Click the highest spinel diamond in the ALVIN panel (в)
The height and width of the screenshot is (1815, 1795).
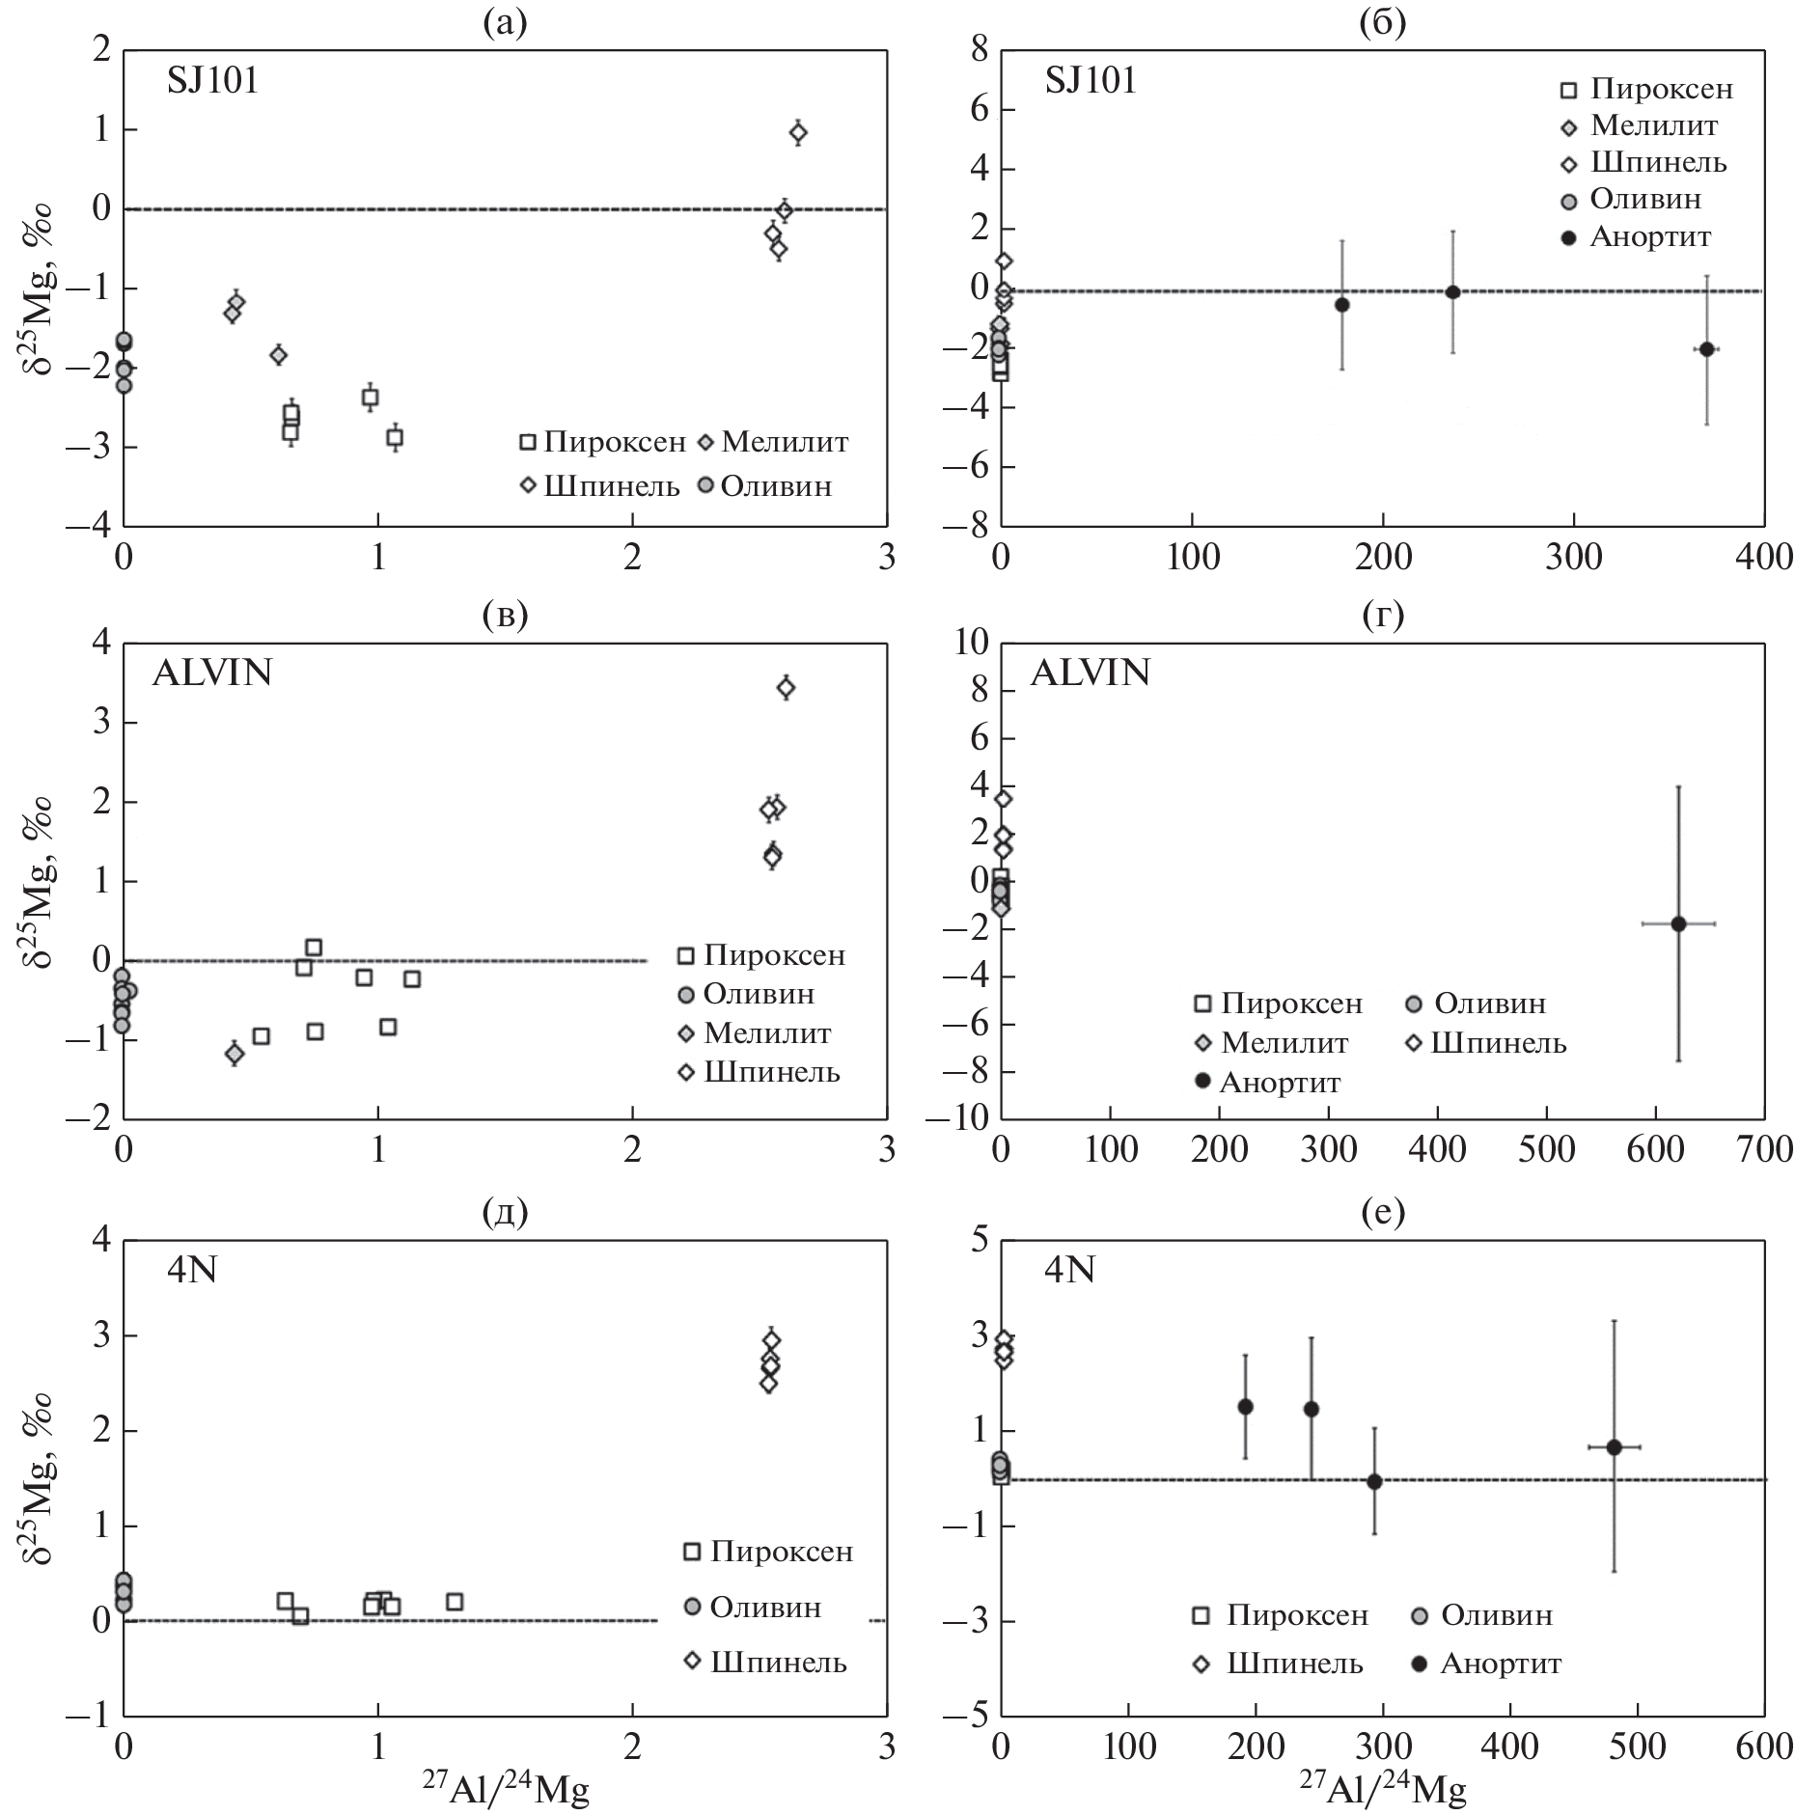coord(786,687)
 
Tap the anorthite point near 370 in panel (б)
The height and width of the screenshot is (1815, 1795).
coord(1706,349)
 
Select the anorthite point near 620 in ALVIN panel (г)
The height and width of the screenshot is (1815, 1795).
coord(1678,923)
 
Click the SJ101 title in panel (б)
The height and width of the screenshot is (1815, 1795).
coord(1091,80)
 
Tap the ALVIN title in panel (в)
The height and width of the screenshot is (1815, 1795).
coord(211,672)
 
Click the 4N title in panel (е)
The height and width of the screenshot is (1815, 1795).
coord(1069,1270)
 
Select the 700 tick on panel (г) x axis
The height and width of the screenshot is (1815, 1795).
coord(1763,1149)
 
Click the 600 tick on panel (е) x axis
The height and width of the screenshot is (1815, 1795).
coord(1763,1746)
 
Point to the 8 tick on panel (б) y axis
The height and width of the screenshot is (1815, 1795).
coord(980,49)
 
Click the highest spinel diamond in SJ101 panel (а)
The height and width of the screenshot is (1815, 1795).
coord(798,132)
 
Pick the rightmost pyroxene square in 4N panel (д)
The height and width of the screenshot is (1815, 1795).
coord(455,1601)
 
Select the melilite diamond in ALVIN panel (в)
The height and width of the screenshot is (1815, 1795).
coord(234,1054)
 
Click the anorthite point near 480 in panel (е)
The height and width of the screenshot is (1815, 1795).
coord(1614,1446)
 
